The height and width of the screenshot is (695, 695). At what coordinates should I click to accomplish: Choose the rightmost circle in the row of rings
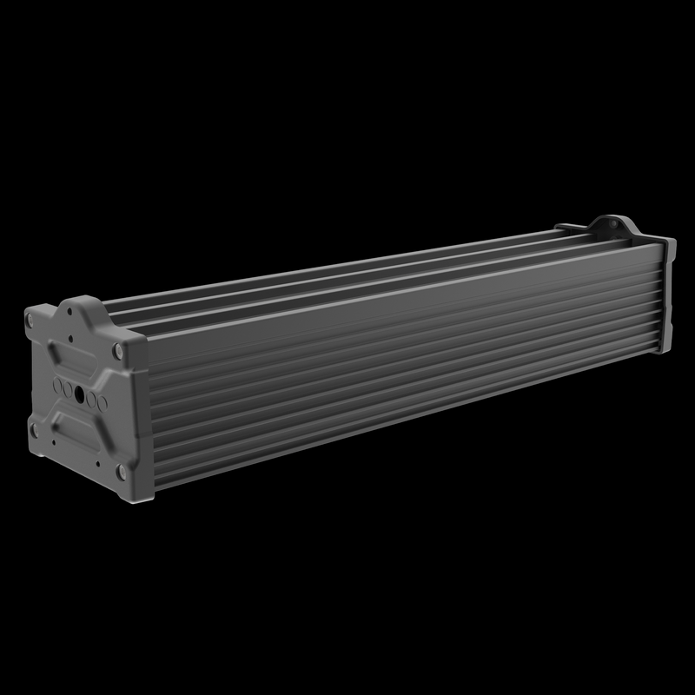click(x=103, y=403)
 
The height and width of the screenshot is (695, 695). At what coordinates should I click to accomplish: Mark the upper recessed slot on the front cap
click(x=73, y=359)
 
